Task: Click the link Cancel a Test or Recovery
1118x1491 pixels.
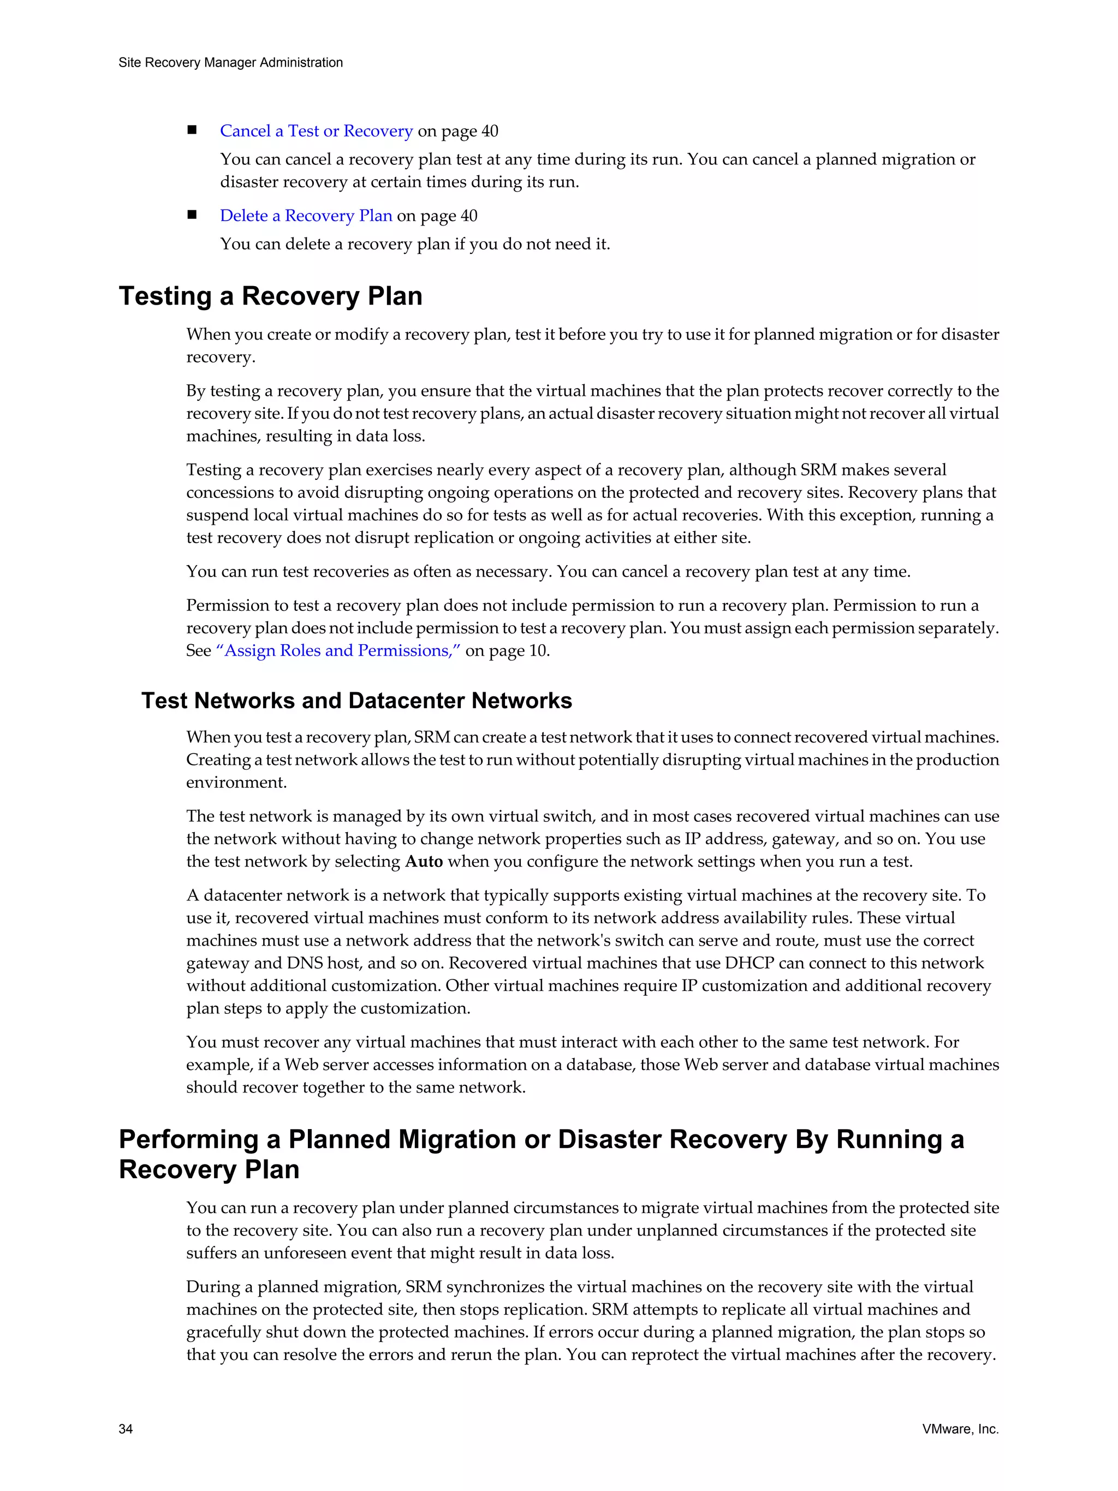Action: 316,131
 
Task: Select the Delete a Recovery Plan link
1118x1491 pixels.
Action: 306,216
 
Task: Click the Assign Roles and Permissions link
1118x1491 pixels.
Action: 338,650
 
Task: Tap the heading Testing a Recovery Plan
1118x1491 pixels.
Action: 270,296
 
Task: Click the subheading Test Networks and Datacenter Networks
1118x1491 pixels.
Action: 356,700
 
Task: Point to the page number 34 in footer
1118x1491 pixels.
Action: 126,1429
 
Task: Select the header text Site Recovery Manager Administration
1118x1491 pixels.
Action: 230,63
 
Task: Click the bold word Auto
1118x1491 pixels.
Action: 424,862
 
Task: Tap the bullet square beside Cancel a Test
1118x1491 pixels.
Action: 192,130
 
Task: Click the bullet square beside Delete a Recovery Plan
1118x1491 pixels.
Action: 192,215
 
